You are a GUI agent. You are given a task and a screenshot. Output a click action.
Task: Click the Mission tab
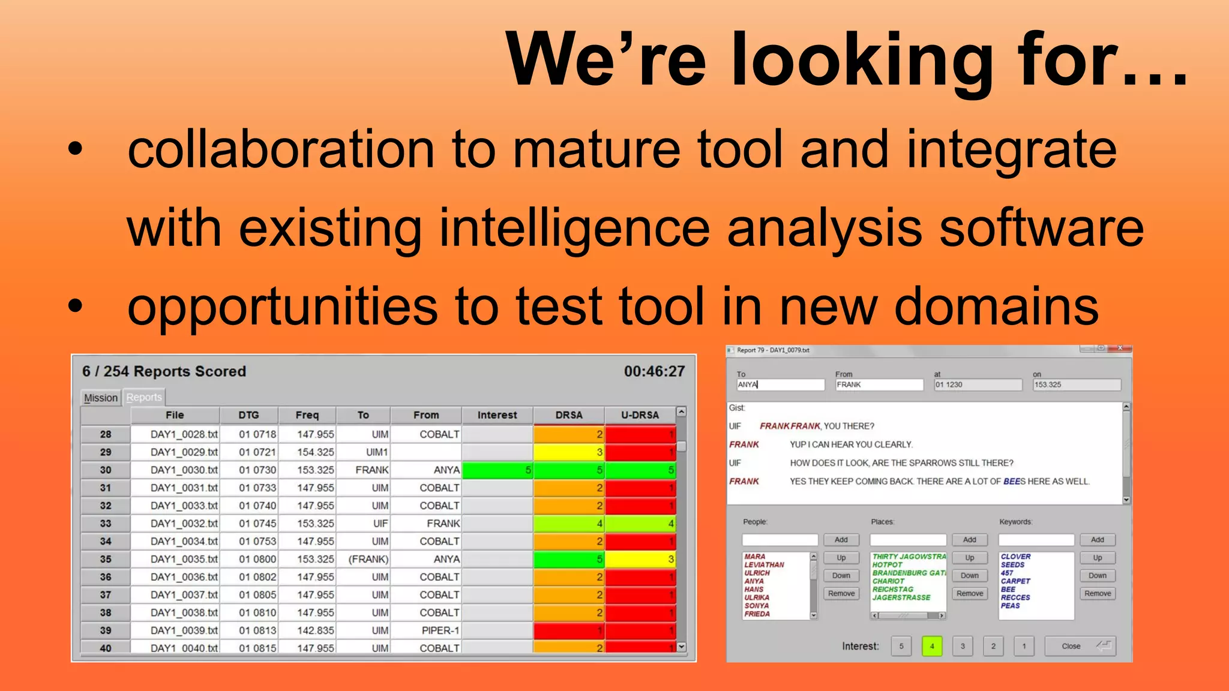[x=101, y=398]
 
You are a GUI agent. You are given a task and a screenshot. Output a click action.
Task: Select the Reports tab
[x=144, y=397]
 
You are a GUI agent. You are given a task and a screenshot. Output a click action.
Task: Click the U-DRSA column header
[x=640, y=415]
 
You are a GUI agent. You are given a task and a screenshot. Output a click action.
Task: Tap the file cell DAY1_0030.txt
[x=184, y=470]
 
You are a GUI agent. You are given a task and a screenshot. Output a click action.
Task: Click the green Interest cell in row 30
[x=497, y=470]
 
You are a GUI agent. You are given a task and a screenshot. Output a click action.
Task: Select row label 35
[x=106, y=559]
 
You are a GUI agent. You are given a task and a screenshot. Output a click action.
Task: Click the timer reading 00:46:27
[x=654, y=371]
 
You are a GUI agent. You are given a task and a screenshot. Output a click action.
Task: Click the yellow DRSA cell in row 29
[x=568, y=452]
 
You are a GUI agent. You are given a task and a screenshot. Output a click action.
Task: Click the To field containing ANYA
[x=780, y=384]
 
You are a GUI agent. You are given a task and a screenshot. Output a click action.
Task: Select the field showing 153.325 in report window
[x=1076, y=384]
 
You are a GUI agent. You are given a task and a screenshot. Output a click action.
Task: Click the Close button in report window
[x=1080, y=646]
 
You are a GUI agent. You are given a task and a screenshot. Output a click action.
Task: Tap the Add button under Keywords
[x=1098, y=540]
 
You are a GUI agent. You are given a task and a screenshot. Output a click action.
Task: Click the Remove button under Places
[x=970, y=593]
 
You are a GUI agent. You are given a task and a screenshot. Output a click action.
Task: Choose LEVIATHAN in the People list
[x=764, y=565]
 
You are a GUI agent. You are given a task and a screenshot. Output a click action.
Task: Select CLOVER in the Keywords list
[x=1015, y=557]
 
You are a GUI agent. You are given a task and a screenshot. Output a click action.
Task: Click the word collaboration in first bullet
[x=281, y=150]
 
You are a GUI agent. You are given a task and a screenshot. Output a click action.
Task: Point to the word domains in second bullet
[x=996, y=307]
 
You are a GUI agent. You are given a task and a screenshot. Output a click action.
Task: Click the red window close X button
[x=1120, y=348]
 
